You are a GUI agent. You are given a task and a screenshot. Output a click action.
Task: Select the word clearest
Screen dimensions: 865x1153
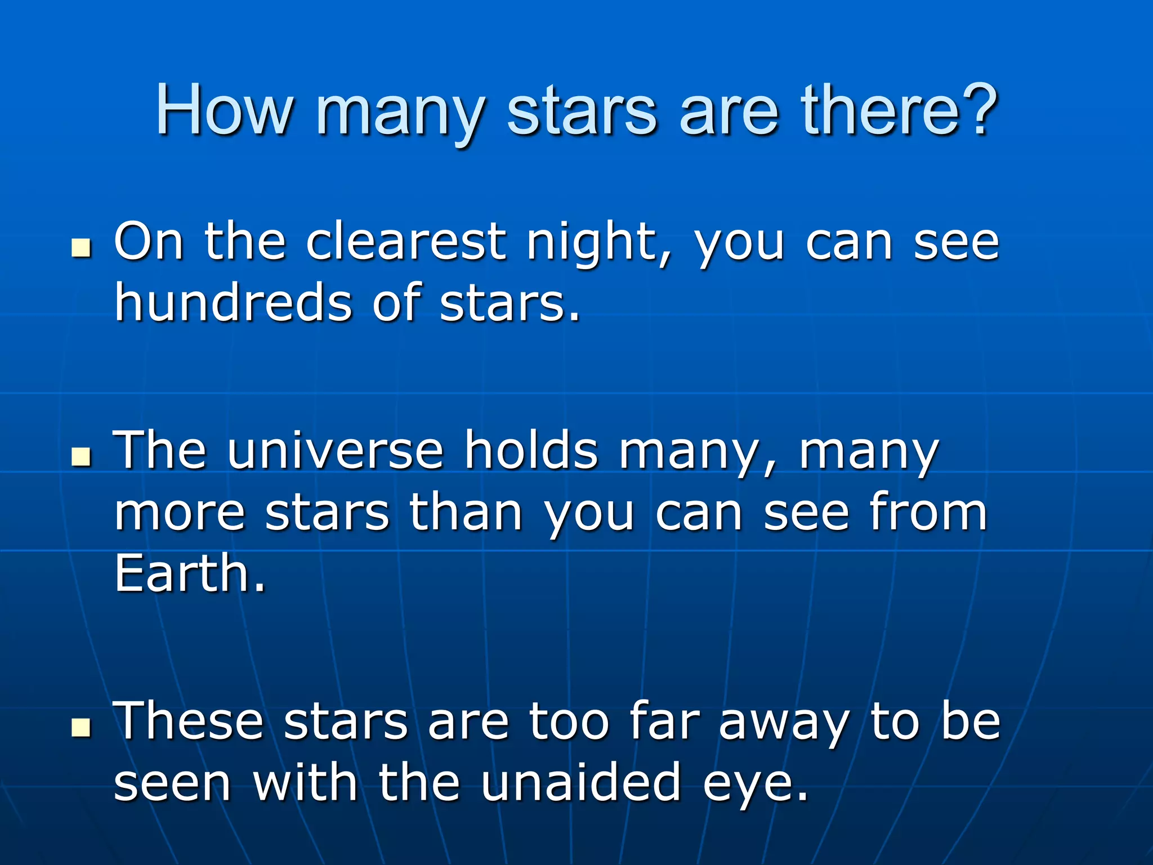[x=405, y=242]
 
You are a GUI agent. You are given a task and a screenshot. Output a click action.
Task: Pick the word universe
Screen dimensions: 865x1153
[x=336, y=451]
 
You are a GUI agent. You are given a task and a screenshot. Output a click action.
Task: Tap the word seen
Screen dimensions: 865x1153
[x=172, y=783]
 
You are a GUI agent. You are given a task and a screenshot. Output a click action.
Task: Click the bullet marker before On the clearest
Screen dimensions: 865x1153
[x=81, y=248]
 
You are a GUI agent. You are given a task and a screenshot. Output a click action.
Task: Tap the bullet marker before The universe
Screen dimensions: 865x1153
[x=81, y=457]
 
